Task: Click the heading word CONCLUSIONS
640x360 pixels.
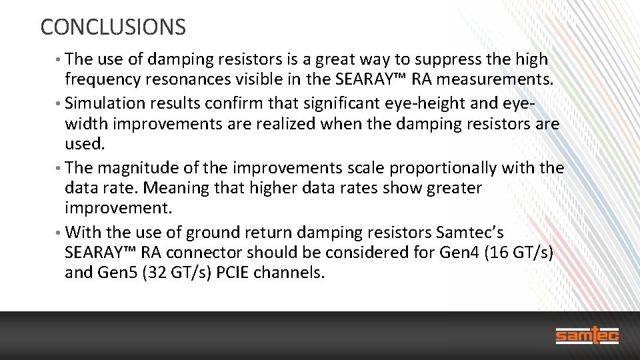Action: tap(113, 27)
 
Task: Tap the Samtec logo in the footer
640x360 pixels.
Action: tap(587, 335)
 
